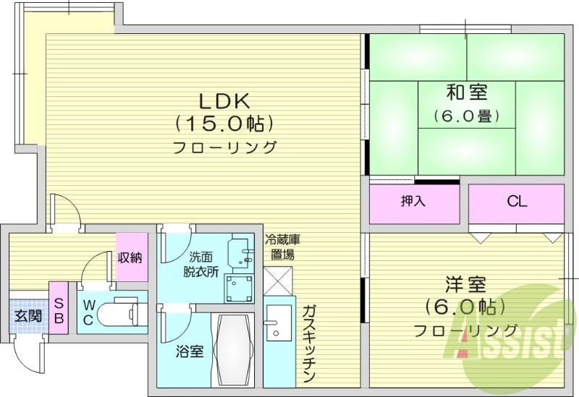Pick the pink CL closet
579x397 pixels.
516,202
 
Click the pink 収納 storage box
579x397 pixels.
130,257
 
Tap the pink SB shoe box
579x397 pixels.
59,307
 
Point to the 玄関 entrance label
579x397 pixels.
28,315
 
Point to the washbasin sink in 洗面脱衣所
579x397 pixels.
241,251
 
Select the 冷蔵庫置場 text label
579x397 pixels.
279,246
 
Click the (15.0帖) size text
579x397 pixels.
224,122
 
